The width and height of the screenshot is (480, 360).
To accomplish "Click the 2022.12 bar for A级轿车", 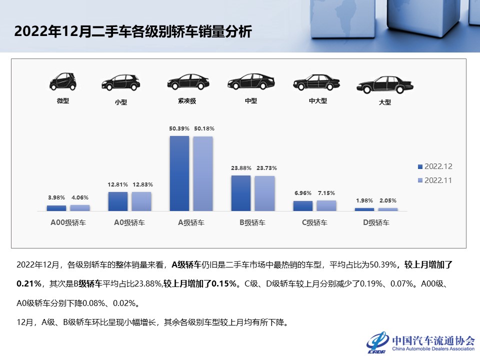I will click(179, 173).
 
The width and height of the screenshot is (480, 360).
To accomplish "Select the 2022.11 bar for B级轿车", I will click(264, 193).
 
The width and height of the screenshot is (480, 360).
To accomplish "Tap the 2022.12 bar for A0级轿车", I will click(118, 201).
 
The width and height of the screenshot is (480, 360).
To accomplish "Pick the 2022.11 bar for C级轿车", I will click(326, 205).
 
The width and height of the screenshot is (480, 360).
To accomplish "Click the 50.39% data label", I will click(179, 129).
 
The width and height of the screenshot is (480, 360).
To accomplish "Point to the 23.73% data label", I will click(266, 168).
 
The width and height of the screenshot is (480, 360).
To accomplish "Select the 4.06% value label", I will click(80, 197).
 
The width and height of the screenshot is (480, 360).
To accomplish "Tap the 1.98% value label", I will click(364, 200).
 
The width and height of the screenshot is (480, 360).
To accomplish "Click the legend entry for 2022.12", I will click(434, 166).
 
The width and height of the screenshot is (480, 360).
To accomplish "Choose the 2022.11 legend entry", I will click(434, 180).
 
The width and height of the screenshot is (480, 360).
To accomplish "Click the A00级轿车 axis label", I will click(68, 223).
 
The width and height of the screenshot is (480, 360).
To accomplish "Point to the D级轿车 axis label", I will click(376, 223).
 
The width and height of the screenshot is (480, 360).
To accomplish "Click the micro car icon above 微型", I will click(63, 81).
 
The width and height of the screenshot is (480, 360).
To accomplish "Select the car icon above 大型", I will click(384, 85).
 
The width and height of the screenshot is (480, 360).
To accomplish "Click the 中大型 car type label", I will click(317, 100).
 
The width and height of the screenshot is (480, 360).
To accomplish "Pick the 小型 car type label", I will click(120, 102).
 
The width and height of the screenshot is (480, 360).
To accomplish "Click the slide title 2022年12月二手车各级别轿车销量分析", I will click(133, 31).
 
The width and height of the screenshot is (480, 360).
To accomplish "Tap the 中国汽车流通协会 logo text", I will click(433, 340).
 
